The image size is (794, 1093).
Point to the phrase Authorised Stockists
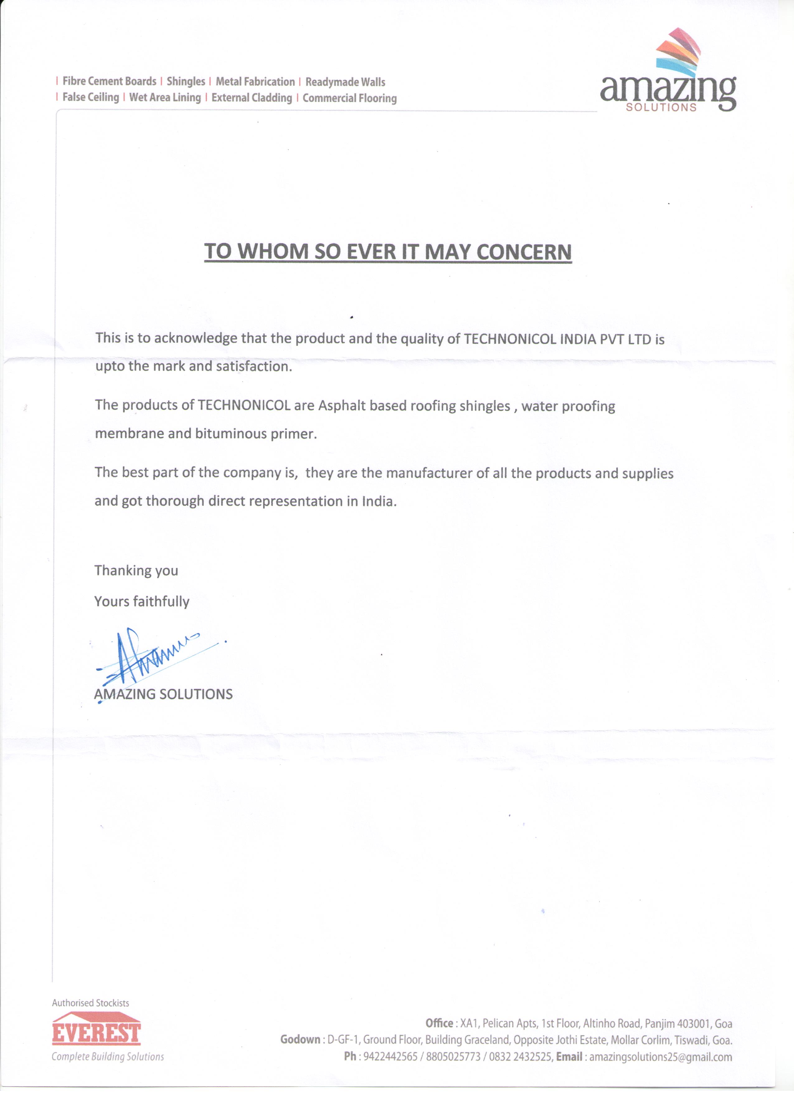pyautogui.click(x=91, y=1003)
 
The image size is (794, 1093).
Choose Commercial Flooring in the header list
pyautogui.click(x=349, y=98)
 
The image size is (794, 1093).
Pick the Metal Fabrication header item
pyautogui.click(x=255, y=82)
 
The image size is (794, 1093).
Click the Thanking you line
pyautogui.click(x=136, y=570)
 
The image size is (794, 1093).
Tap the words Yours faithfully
pyautogui.click(x=142, y=601)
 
